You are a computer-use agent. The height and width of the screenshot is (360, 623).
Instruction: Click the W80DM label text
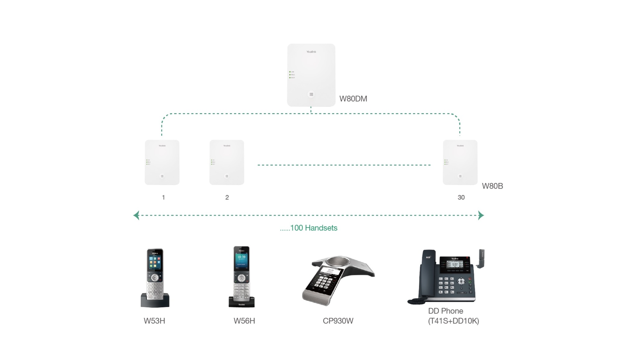click(353, 99)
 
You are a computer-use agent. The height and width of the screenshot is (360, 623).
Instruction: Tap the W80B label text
click(492, 186)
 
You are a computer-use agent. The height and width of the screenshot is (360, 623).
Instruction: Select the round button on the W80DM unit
click(311, 94)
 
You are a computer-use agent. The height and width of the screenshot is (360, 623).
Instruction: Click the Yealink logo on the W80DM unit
click(311, 52)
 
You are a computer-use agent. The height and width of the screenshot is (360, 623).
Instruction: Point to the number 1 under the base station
click(163, 197)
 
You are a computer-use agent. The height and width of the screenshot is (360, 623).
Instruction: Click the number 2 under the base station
click(227, 197)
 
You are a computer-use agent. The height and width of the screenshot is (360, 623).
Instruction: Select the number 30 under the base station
click(461, 197)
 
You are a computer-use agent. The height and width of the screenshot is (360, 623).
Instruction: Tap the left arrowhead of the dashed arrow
click(136, 215)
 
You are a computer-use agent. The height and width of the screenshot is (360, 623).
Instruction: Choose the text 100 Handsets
click(313, 228)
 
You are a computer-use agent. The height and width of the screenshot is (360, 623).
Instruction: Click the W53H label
click(154, 321)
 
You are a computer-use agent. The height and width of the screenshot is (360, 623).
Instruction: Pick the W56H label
click(244, 321)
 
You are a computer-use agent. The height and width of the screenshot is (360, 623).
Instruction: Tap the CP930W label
click(338, 321)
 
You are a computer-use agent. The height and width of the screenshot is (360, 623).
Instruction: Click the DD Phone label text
click(445, 311)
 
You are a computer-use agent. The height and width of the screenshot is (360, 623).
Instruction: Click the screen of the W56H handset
click(241, 260)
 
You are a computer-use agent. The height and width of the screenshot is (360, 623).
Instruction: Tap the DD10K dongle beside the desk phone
click(481, 258)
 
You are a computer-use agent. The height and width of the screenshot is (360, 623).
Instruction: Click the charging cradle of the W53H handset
click(155, 302)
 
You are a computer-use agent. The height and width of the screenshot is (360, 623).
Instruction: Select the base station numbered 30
click(460, 162)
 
